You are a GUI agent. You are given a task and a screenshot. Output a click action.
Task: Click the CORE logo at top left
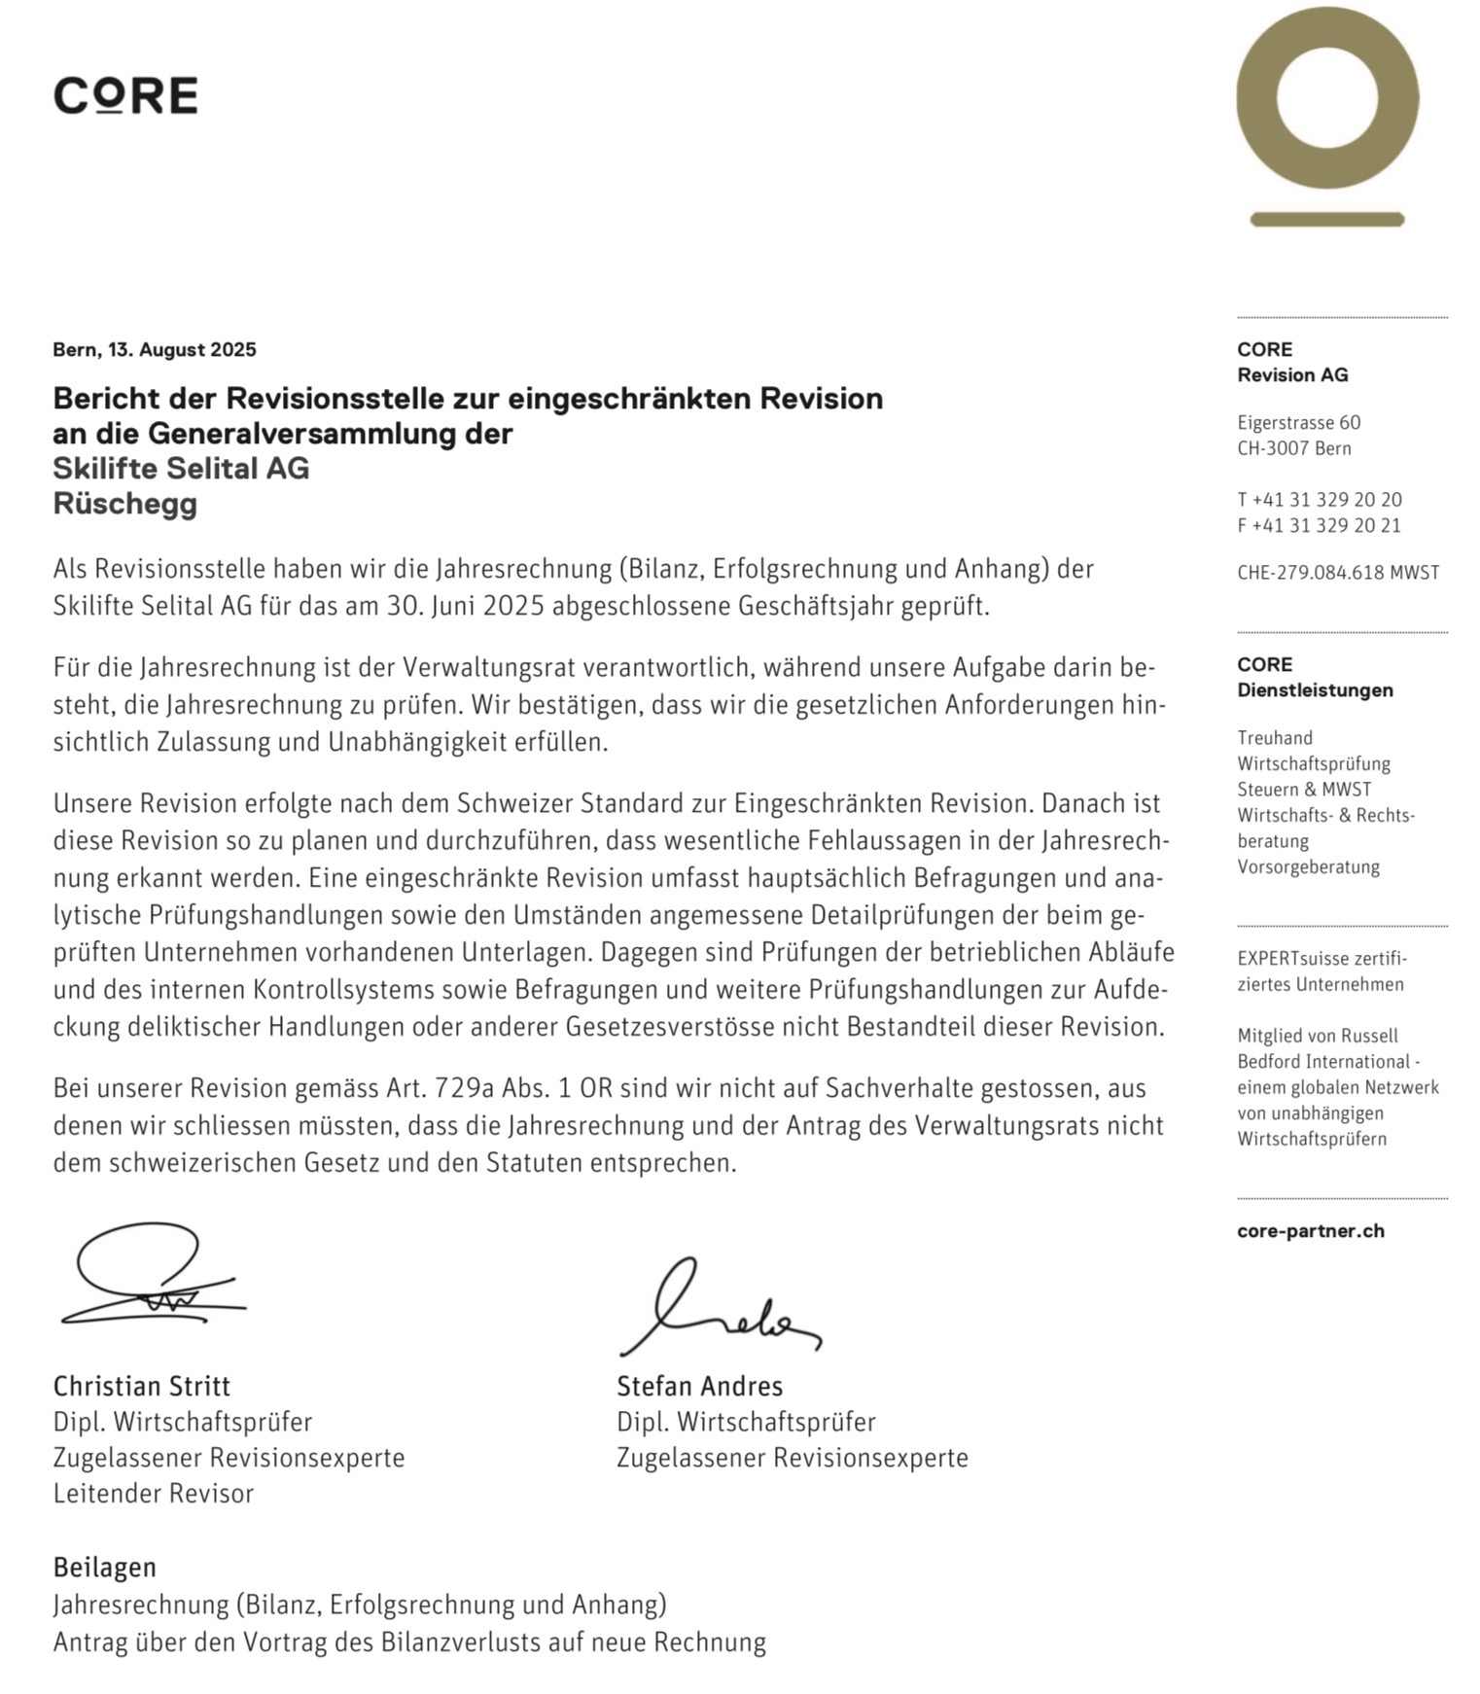pos(125,95)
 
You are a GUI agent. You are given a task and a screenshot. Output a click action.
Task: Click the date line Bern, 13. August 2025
pos(155,349)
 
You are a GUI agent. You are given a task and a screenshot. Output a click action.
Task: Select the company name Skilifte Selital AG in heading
pos(181,468)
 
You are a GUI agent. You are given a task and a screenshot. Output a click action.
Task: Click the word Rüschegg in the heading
pos(124,504)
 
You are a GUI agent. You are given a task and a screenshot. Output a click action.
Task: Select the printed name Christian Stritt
pos(142,1386)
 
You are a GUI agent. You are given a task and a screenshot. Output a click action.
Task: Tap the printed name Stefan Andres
pos(699,1386)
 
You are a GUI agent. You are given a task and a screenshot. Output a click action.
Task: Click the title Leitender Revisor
pos(153,1494)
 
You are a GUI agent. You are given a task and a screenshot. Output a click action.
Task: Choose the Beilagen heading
pos(104,1568)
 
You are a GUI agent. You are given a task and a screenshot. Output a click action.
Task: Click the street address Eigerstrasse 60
pos(1298,422)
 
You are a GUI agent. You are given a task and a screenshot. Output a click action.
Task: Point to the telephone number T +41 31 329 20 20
pos(1319,500)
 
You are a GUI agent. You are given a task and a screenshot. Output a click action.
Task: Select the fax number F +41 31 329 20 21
pos(1319,525)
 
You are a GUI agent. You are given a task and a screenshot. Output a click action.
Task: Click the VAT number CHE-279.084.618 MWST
pos(1337,573)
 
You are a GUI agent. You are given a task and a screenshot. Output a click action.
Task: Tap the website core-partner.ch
pos(1310,1230)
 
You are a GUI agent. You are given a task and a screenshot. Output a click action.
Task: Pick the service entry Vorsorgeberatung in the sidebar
pos(1308,866)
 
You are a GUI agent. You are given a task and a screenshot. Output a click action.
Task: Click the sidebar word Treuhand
pos(1274,737)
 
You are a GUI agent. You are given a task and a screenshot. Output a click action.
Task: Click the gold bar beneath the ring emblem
pos(1326,219)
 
